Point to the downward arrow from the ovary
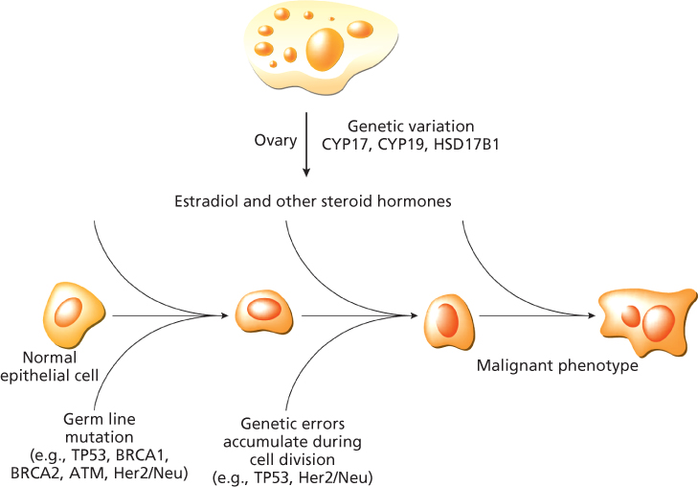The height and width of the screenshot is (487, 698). [306, 144]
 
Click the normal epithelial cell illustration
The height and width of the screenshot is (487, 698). [69, 313]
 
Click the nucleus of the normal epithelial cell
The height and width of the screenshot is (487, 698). [69, 313]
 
